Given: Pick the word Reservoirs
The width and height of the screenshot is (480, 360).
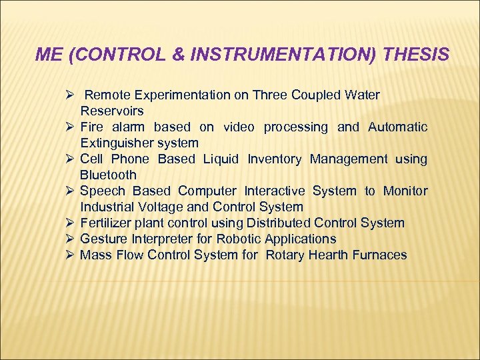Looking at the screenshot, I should click(x=112, y=111).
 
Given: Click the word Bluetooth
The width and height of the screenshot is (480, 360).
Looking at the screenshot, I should click(x=108, y=175).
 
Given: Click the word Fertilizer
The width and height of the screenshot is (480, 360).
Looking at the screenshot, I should click(x=107, y=223).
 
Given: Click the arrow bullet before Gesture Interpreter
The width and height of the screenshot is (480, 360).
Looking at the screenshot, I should click(x=69, y=239).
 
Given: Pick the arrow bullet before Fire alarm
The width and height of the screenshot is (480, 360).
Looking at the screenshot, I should click(x=69, y=127).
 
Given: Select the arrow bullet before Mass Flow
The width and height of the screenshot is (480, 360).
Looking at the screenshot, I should click(x=69, y=255).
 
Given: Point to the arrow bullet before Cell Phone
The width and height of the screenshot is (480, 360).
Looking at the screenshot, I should click(x=69, y=159).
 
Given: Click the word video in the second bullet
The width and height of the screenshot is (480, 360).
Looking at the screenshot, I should click(x=239, y=127).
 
